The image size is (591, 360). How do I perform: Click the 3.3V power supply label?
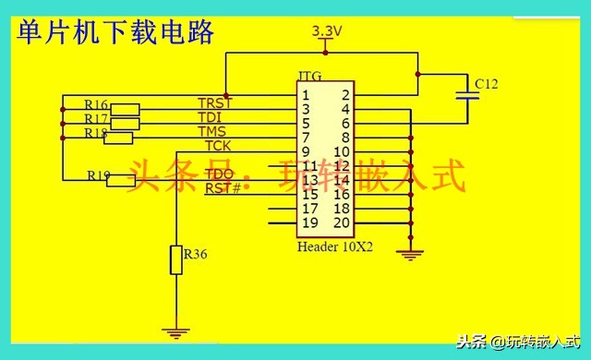(327, 31)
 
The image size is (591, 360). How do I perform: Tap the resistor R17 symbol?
(125, 123)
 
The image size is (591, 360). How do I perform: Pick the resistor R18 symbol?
(118, 138)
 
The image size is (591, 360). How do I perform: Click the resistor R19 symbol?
(121, 180)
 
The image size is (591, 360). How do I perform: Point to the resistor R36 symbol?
(175, 260)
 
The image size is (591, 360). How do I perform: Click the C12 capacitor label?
(486, 84)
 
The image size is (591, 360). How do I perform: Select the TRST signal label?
(214, 102)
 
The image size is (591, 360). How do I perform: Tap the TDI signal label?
(210, 117)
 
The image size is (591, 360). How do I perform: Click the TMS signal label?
(211, 132)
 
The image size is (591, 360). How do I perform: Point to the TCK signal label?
(218, 146)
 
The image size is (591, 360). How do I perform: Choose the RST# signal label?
(223, 188)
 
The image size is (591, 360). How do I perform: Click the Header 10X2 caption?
(332, 247)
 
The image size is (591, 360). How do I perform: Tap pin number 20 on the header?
(342, 222)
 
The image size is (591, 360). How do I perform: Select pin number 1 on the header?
(306, 95)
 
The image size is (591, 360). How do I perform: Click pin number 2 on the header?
(344, 95)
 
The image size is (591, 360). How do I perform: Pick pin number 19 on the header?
(309, 222)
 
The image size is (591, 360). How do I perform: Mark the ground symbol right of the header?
(411, 251)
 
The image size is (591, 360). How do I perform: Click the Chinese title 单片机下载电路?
(115, 33)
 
